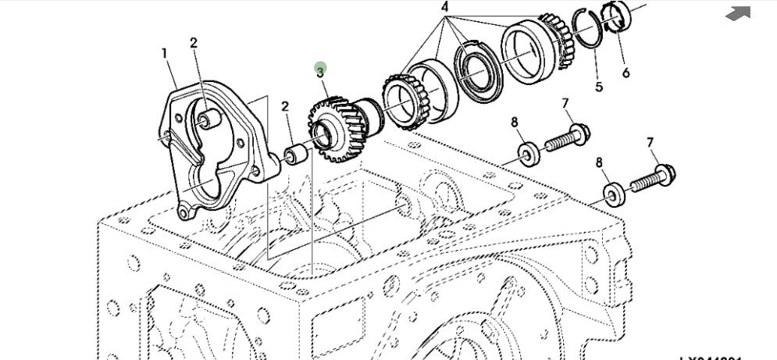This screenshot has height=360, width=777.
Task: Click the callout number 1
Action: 165,53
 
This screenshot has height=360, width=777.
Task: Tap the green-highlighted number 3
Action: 320,72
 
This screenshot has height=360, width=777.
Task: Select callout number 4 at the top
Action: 445,8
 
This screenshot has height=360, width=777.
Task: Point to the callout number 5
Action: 599,87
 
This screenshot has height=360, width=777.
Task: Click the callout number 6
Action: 626,73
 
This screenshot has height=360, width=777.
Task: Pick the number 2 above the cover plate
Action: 194,43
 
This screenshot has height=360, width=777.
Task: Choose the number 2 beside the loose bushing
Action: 286,107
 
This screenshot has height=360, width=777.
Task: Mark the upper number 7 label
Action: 565,104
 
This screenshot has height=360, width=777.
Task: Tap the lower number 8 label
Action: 600,162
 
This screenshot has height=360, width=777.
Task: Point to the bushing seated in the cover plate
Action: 206,119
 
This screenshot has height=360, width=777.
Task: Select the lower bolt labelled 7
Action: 653,179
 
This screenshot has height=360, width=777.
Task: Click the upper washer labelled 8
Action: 528,153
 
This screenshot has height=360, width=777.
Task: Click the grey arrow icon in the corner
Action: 738,12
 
